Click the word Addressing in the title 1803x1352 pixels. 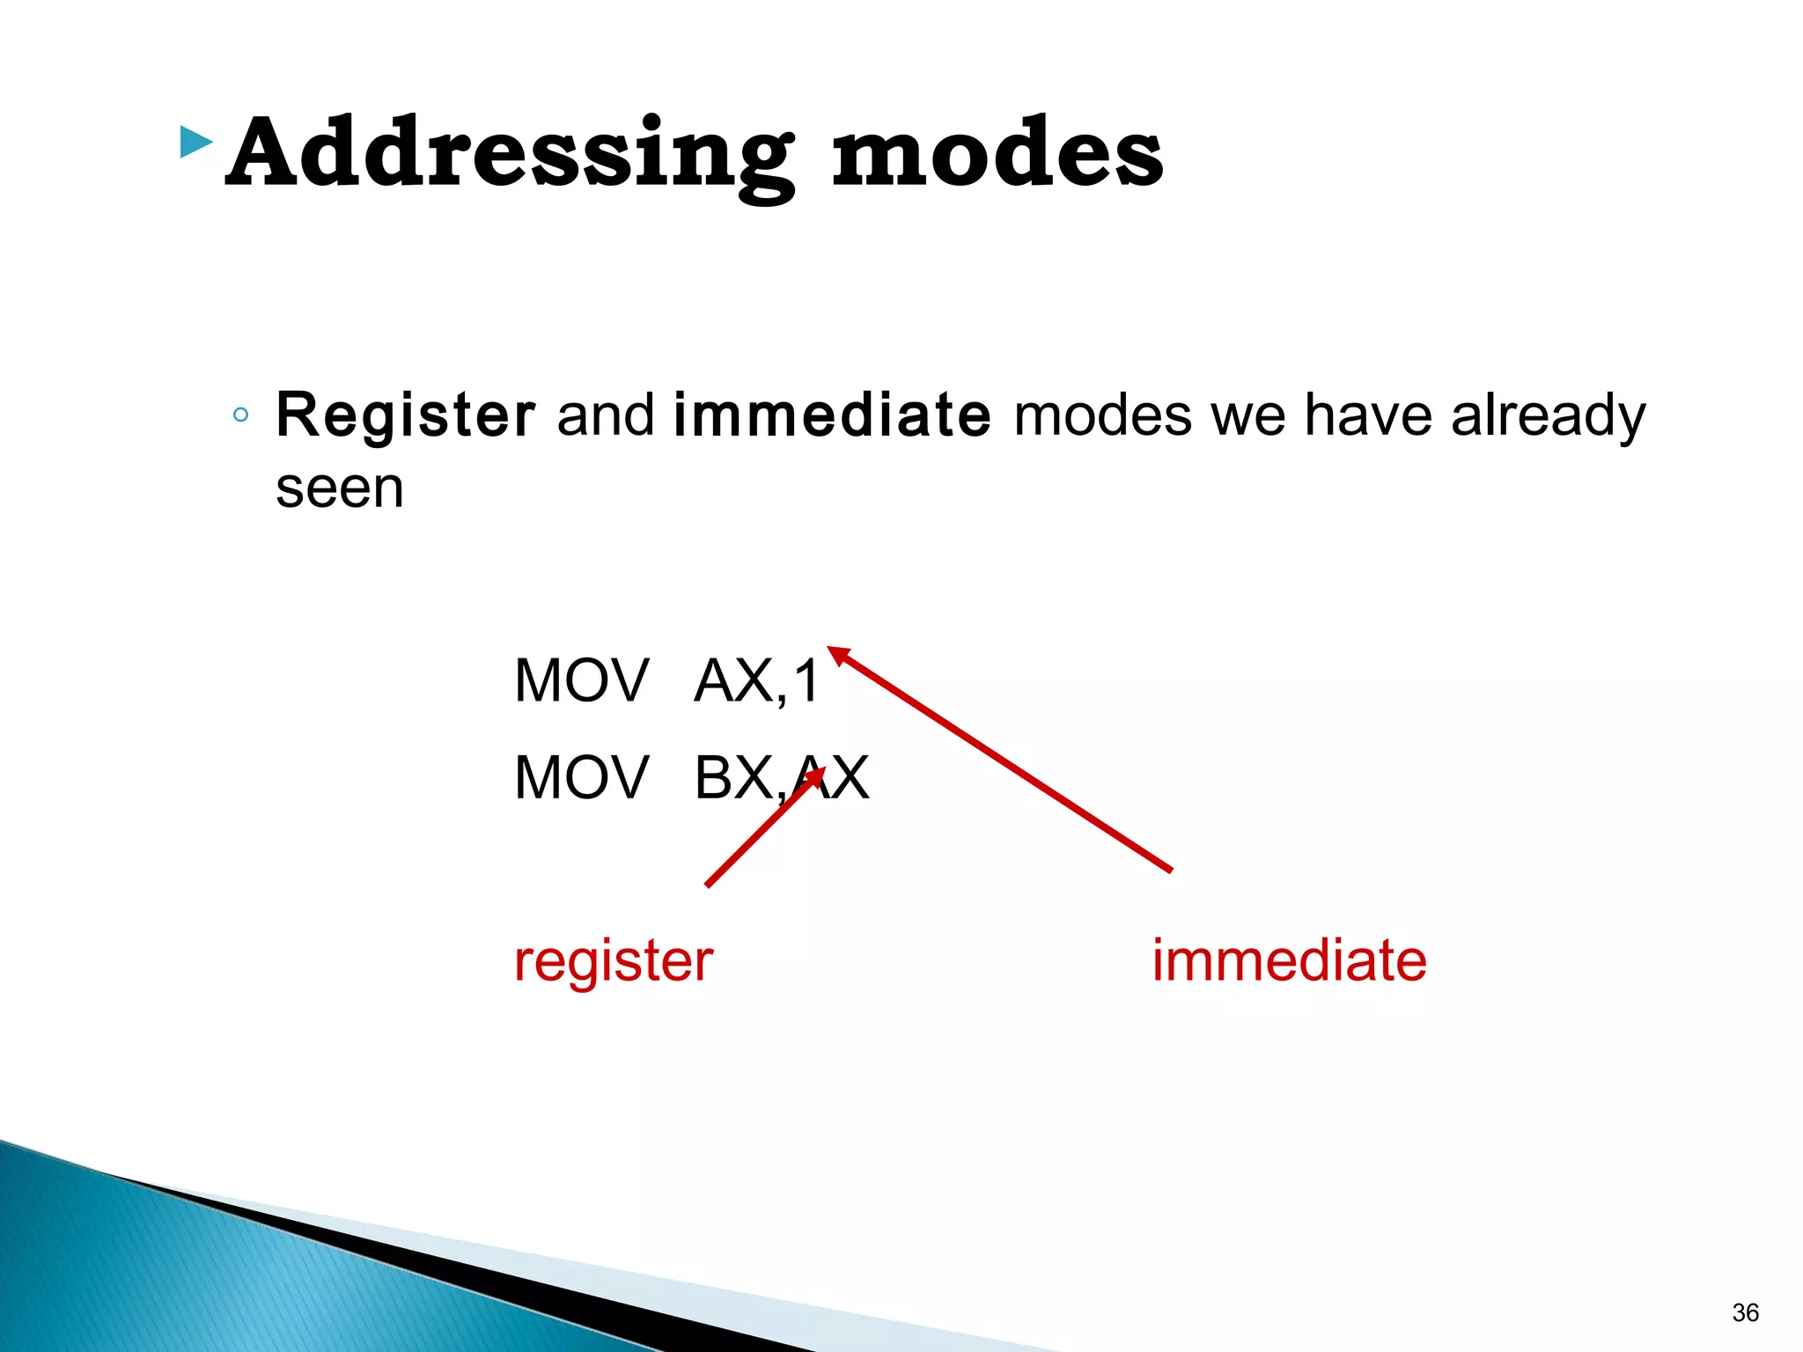[x=511, y=154]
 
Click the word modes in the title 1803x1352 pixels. [x=997, y=154]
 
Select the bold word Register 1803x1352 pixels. [x=406, y=415]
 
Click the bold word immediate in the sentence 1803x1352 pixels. [x=832, y=415]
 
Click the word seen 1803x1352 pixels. [x=340, y=489]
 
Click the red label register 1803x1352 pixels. [x=614, y=960]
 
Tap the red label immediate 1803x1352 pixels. [x=1289, y=960]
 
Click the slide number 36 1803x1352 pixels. [x=1745, y=1312]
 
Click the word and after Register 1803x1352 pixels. [x=606, y=415]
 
